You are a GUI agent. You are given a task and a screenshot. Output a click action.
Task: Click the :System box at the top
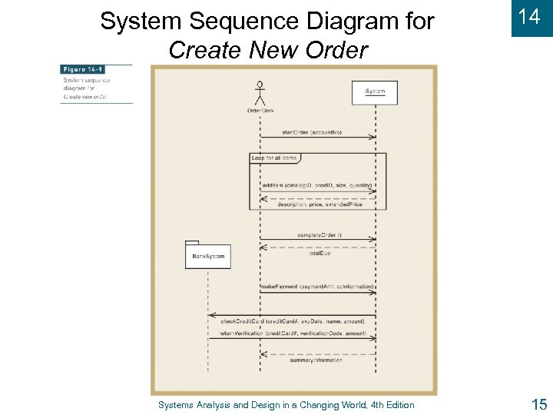[375, 91]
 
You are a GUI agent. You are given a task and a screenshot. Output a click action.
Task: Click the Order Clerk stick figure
[260, 94]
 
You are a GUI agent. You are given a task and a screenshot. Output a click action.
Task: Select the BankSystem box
[208, 256]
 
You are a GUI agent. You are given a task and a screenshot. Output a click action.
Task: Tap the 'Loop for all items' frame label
[274, 158]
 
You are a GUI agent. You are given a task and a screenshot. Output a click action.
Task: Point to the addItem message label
[316, 185]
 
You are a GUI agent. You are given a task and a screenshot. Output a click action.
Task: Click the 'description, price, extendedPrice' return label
[319, 204]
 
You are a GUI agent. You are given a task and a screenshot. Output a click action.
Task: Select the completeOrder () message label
[320, 234]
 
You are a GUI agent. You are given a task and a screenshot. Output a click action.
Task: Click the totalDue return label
[320, 253]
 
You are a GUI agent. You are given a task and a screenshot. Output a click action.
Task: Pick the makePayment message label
[316, 287]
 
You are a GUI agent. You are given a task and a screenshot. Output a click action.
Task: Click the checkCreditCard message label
[293, 320]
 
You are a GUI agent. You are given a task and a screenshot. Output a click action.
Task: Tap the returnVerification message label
[293, 334]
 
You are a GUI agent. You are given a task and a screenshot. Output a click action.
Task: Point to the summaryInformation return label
[316, 360]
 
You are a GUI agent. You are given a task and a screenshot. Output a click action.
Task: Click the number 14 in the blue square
[530, 17]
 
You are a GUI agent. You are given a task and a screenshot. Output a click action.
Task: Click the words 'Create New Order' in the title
[268, 50]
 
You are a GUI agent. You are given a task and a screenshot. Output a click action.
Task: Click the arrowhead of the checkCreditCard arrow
[210, 316]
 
